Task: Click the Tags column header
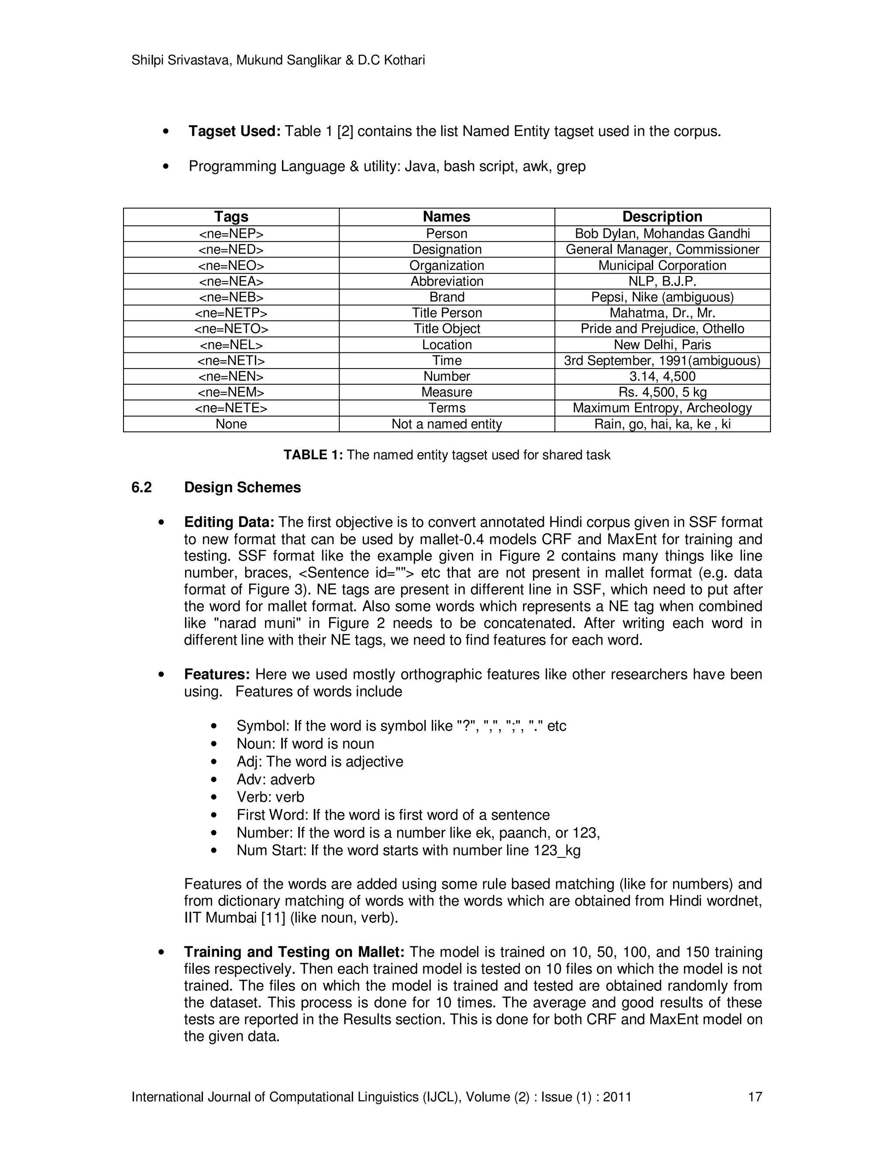coord(231,217)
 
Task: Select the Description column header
coord(662,217)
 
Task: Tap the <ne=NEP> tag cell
coord(231,234)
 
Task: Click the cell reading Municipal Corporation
coord(662,265)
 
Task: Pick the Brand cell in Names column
coord(447,297)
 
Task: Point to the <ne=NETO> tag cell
coord(231,329)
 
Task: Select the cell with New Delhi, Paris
coord(662,345)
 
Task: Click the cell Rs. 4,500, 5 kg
coord(662,392)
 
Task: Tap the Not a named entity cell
coord(447,424)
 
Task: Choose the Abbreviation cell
coord(447,281)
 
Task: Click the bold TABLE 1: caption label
coord(313,455)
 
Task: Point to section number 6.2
coord(141,487)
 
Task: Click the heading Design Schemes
coord(242,487)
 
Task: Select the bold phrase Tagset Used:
coord(234,131)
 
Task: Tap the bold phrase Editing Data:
coord(229,522)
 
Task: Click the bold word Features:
coord(217,675)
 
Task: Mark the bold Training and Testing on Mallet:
coord(294,952)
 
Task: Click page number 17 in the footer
coord(755,1097)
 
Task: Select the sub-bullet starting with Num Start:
coord(408,850)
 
